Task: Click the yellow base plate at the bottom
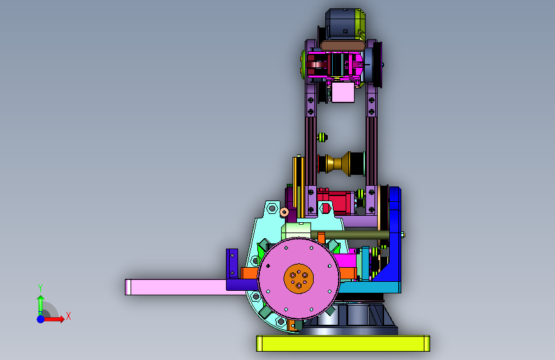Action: [342, 343]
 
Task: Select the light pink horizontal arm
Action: [177, 287]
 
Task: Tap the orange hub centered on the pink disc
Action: [298, 278]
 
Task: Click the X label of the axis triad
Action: [68, 316]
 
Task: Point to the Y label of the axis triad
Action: [40, 288]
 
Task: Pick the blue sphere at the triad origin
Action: [41, 319]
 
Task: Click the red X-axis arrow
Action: [54, 319]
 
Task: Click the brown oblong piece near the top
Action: [343, 45]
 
